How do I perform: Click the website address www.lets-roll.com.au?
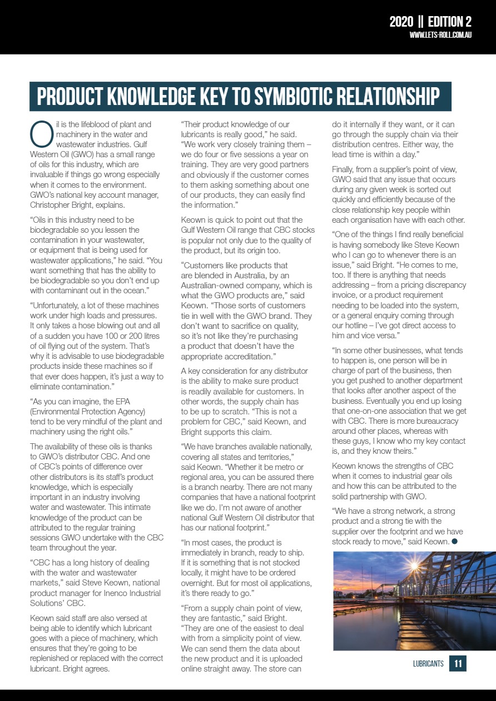(x=440, y=35)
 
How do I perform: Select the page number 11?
(x=458, y=663)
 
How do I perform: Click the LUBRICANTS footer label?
(x=428, y=663)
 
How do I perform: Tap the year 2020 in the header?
(x=401, y=22)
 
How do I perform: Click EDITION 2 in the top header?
(x=449, y=22)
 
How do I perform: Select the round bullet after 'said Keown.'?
(x=454, y=542)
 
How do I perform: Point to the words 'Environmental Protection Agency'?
(x=87, y=412)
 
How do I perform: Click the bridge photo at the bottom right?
(x=414, y=600)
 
